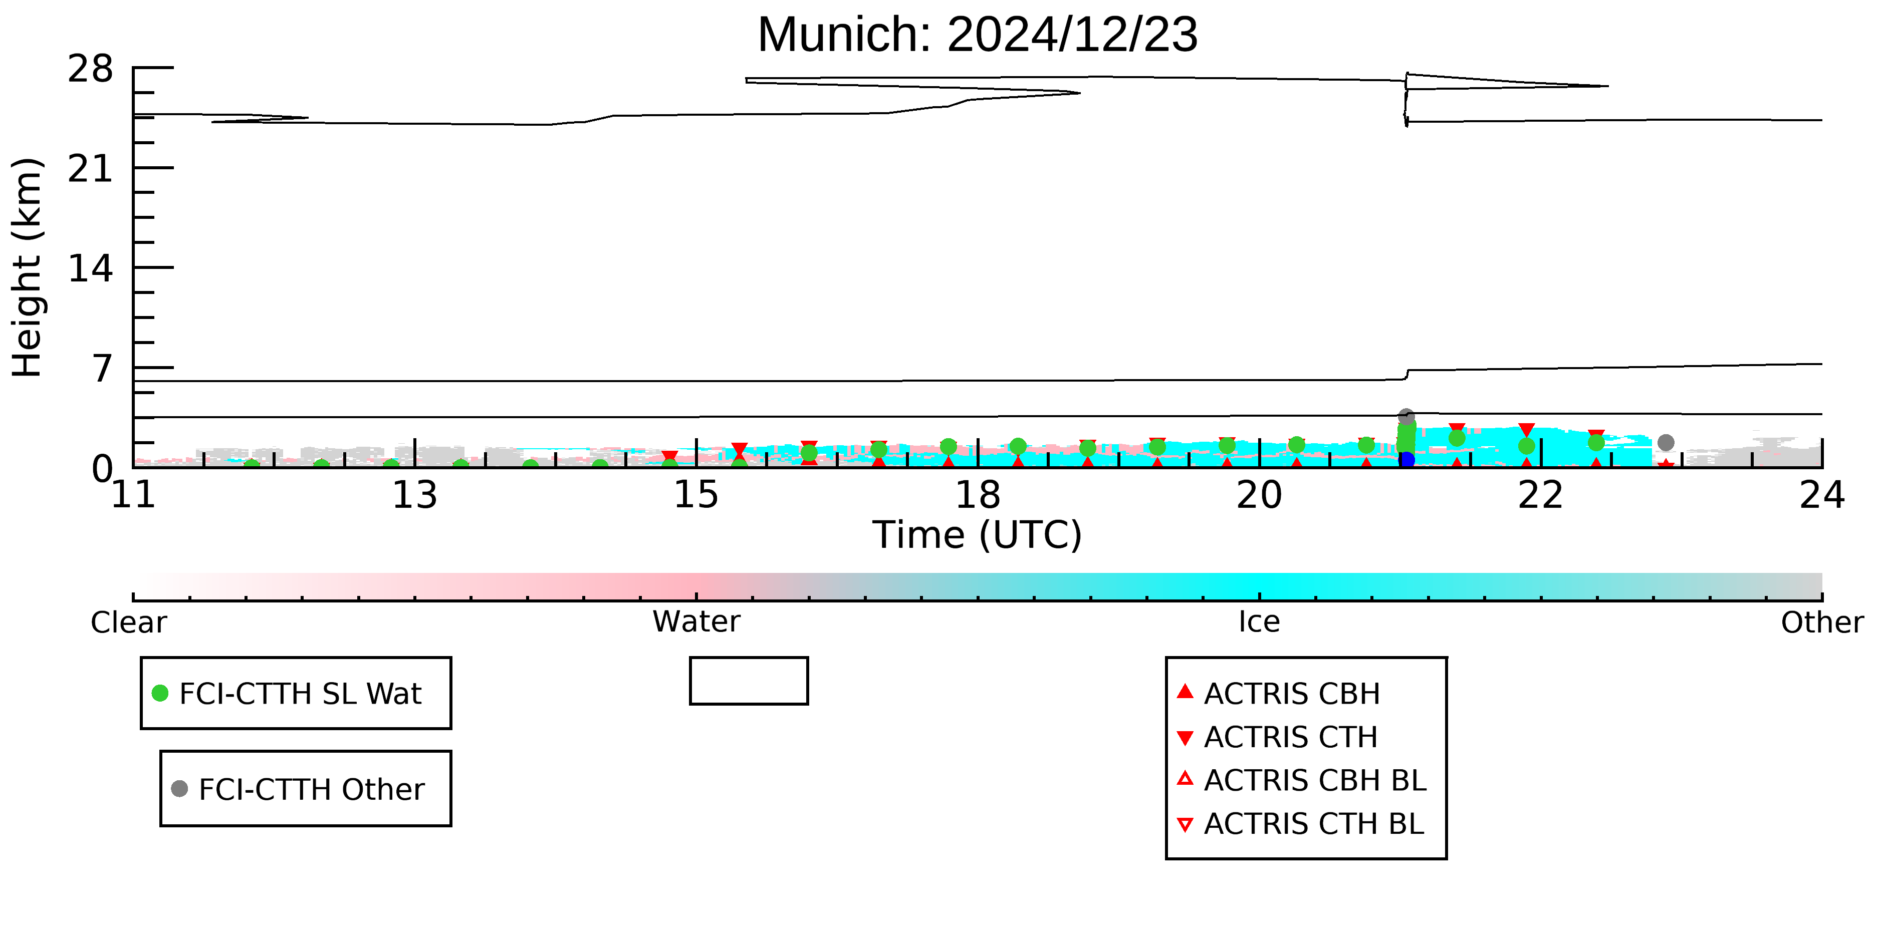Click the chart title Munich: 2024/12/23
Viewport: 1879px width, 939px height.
pos(978,35)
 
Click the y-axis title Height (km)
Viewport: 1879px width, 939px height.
pos(28,267)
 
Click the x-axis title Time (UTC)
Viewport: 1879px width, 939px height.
pos(978,536)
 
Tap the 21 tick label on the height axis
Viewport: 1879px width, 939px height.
pos(91,169)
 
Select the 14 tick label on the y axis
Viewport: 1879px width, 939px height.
pos(91,269)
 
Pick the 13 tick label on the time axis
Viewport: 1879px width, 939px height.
pos(414,496)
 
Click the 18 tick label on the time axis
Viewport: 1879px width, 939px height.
pos(978,496)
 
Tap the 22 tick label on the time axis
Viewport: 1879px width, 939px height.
pos(1541,496)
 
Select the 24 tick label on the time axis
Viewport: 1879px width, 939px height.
pos(1822,496)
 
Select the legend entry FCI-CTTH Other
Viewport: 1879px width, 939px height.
pos(298,789)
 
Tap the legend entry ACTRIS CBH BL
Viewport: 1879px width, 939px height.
pos(1301,780)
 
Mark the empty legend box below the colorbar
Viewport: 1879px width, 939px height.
pos(749,659)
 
